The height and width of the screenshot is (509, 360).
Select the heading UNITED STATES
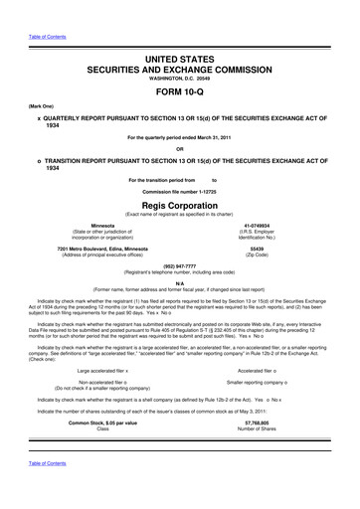(180, 34)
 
